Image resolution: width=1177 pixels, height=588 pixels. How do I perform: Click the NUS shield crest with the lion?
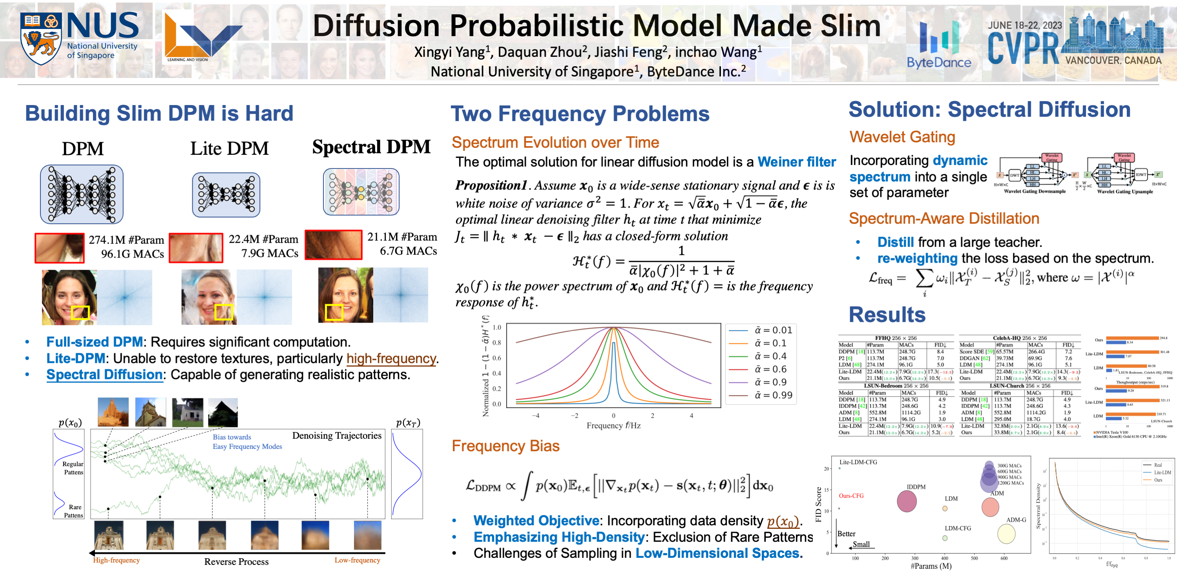point(41,38)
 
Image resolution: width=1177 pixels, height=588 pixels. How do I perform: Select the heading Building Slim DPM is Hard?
point(159,113)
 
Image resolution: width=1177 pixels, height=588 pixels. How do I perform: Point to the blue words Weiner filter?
point(796,162)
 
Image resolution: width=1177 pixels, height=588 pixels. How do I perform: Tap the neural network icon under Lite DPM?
point(226,194)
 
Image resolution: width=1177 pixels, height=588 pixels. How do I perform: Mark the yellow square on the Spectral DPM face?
point(334,312)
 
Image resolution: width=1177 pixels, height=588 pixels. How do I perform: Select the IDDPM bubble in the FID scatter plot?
point(907,501)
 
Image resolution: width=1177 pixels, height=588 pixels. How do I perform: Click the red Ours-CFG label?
point(851,496)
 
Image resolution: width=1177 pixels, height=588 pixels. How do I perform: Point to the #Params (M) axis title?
point(931,566)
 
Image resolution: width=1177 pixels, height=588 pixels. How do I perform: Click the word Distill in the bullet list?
point(895,242)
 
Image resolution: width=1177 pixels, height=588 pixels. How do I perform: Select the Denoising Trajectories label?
point(337,436)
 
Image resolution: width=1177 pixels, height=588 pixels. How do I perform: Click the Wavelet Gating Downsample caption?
point(1035,192)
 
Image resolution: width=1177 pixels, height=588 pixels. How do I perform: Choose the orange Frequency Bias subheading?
point(505,446)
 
